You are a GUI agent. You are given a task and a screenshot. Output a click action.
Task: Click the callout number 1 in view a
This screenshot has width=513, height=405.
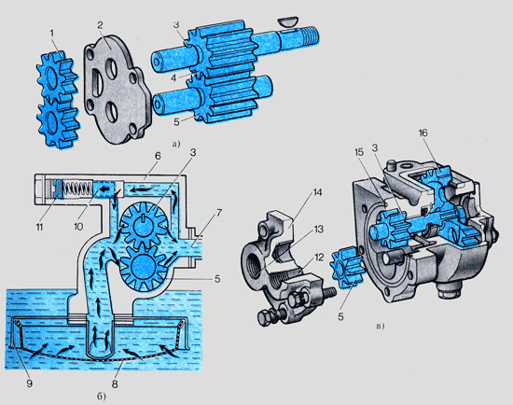pos(52,33)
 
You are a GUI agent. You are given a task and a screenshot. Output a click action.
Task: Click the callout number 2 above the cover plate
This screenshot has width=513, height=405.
pos(100,25)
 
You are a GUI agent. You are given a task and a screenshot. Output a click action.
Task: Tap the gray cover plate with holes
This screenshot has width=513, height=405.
pos(117,90)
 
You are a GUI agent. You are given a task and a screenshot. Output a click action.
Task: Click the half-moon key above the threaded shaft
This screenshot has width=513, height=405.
pos(288,22)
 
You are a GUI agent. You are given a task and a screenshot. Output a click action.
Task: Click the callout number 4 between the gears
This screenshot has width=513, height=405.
pos(173,77)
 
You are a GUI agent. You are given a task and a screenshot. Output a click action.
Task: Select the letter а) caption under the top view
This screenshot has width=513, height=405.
pos(176,144)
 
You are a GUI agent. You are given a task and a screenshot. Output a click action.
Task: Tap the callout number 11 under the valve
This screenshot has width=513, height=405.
pos(39,227)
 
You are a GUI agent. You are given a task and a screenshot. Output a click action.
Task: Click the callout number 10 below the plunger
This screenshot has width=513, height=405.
pos(78,227)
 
